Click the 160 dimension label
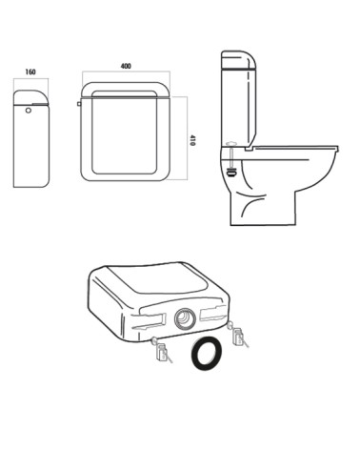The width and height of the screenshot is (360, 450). point(30,72)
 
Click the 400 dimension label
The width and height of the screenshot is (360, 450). point(126,66)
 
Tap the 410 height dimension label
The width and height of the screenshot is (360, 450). point(192,140)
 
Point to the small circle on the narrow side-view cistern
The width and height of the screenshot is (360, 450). point(29,111)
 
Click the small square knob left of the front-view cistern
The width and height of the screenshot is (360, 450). point(79,104)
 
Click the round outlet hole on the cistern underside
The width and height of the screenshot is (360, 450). point(185,318)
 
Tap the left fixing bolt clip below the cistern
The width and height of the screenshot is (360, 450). point(162,351)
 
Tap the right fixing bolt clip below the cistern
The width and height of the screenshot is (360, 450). point(238,336)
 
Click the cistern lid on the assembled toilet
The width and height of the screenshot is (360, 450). point(238,60)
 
